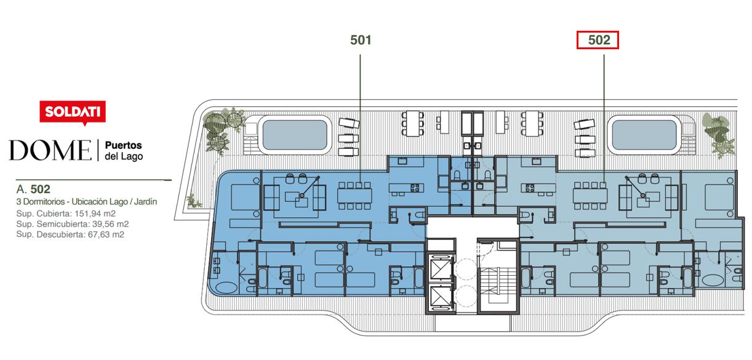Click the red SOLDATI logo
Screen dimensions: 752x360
[x=73, y=112]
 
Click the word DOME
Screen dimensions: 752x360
[x=50, y=150]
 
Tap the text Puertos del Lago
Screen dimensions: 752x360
[x=124, y=150]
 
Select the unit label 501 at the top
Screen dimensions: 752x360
[x=361, y=40]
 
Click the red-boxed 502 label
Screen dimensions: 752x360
[x=598, y=40]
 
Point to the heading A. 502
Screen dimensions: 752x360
[x=33, y=189]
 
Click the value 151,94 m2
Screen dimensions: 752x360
[x=95, y=214]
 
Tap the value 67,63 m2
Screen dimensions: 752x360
[x=106, y=234]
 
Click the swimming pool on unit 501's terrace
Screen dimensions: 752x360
[x=295, y=135]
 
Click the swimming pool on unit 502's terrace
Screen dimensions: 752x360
[x=644, y=135]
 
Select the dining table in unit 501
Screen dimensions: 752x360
[x=354, y=196]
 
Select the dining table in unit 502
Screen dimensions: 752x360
[x=590, y=196]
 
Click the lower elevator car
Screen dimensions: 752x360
[x=440, y=297]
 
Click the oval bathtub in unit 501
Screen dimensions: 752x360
[x=226, y=288]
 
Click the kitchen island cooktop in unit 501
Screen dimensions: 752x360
[x=415, y=188]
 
